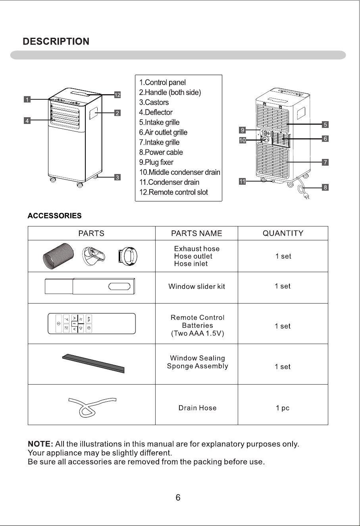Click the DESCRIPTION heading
point(56,41)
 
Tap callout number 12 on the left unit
point(117,95)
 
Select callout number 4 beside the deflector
point(27,121)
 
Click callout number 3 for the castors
point(117,177)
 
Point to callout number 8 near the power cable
point(325,188)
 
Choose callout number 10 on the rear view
point(243,140)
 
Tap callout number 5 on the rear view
point(325,124)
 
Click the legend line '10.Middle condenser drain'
point(180,172)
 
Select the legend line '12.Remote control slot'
point(173,192)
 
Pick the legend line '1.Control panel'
point(162,82)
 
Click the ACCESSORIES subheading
point(55,216)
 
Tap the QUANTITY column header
point(283,233)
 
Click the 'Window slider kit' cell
point(196,286)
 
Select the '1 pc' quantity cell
point(283,408)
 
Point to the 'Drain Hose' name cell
point(198,408)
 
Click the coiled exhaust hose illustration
point(58,256)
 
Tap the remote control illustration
point(92,323)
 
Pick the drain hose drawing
point(92,408)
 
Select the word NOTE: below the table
point(40,444)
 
